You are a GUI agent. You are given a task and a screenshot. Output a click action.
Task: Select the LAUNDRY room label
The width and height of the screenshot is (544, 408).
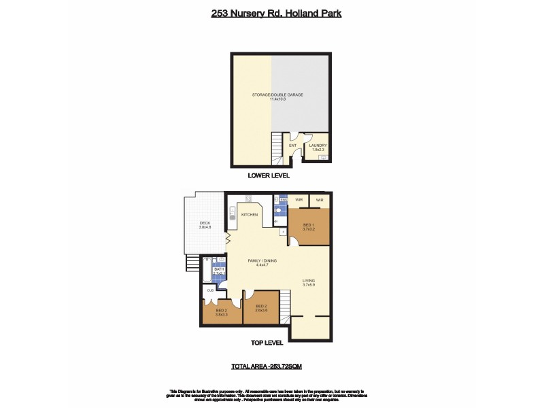click(318, 145)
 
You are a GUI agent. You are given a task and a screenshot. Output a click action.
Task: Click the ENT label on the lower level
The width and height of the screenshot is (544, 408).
click(293, 145)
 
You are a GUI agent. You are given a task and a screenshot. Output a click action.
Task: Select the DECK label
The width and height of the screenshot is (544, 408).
click(205, 223)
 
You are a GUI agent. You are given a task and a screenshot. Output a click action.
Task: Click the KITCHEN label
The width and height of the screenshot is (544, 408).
click(250, 215)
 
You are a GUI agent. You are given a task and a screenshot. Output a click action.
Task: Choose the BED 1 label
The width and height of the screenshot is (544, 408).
click(308, 224)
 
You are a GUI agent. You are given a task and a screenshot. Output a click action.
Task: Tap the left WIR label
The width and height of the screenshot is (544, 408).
click(299, 200)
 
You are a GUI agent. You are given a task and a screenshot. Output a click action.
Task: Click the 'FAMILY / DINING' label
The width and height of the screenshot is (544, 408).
click(261, 260)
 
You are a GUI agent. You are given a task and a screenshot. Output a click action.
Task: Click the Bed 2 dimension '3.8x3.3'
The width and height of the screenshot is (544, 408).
click(220, 315)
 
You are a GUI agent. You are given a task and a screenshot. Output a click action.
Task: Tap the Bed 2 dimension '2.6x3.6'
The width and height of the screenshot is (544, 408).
click(261, 310)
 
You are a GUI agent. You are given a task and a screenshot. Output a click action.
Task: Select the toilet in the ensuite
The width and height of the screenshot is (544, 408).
click(278, 211)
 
